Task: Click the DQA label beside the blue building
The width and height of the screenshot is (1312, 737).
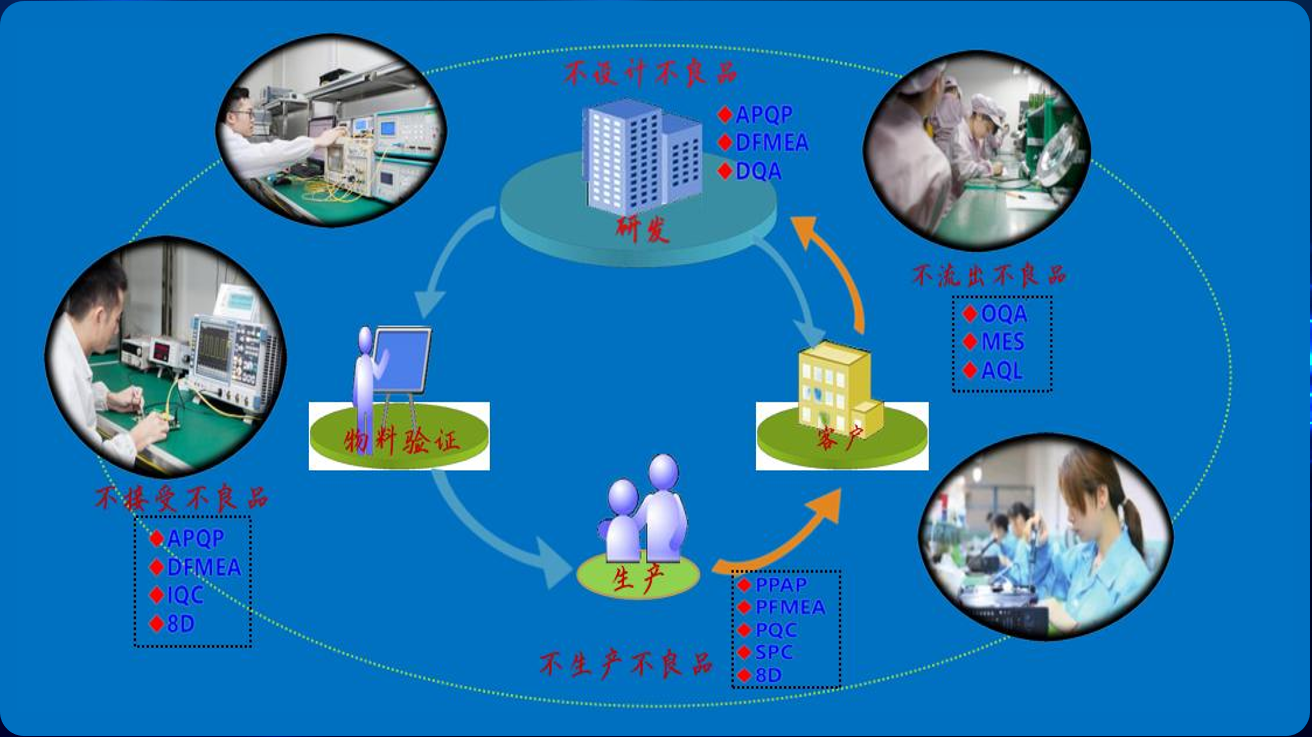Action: click(758, 171)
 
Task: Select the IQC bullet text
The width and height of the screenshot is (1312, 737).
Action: click(185, 595)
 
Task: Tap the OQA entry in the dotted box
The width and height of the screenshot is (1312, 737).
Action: click(1003, 314)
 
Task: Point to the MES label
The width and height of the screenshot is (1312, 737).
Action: click(1002, 342)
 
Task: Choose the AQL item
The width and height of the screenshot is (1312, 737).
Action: click(1001, 371)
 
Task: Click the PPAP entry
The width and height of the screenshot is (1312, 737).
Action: click(781, 584)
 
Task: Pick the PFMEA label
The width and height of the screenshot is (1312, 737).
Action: click(790, 607)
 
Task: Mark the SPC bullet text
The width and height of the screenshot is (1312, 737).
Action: click(774, 652)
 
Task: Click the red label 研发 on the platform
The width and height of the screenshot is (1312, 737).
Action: click(642, 230)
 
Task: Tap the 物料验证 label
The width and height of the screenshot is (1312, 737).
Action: click(402, 440)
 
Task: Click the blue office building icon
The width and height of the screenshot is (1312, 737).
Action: click(640, 155)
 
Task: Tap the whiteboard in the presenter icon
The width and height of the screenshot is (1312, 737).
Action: click(404, 360)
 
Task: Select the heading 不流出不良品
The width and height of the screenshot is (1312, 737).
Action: click(988, 276)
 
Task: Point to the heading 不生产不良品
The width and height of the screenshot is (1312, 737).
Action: click(626, 664)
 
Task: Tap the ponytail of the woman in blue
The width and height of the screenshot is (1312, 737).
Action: click(1133, 520)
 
